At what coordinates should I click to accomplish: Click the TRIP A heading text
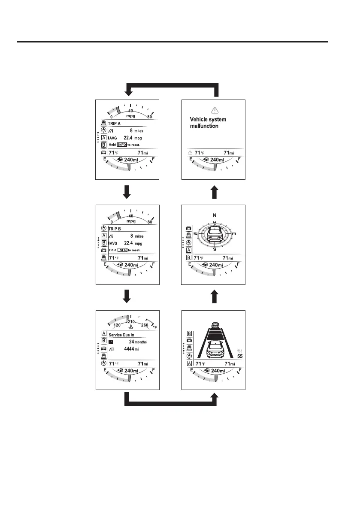click(x=115, y=123)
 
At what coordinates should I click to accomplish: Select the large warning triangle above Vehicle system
click(x=213, y=110)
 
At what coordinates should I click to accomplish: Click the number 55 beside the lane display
click(x=240, y=356)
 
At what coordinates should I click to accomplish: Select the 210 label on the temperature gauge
click(x=131, y=321)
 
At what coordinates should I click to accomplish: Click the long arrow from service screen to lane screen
click(x=172, y=402)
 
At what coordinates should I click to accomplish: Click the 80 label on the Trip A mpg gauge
click(x=149, y=116)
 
